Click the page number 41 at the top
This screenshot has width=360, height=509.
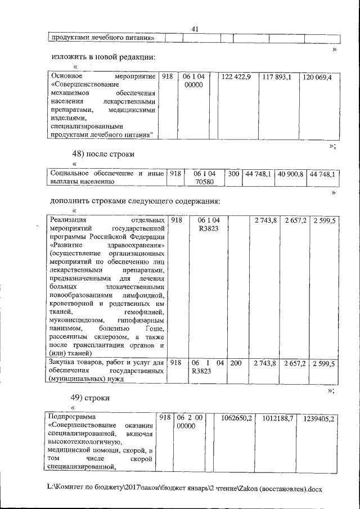196,29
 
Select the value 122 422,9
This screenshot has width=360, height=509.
236,76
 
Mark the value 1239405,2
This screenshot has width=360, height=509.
319,419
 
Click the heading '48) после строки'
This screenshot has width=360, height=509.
103,154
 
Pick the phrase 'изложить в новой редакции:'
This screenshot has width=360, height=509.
103,57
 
